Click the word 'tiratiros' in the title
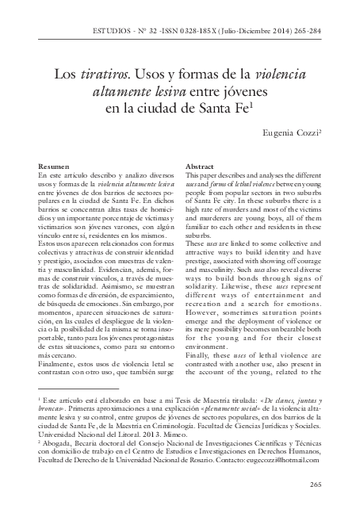(x=113, y=74)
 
